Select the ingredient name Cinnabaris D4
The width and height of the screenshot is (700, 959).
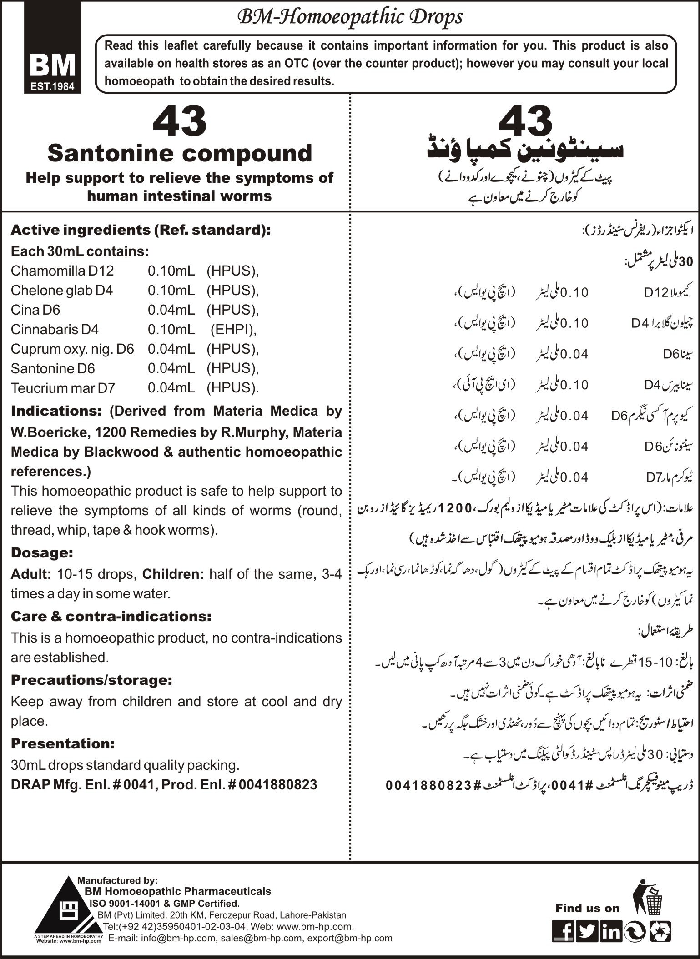(x=55, y=329)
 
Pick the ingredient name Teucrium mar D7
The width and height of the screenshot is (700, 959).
(x=63, y=388)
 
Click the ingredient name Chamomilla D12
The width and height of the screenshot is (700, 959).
(x=62, y=271)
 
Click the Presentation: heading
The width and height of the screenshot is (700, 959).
(x=63, y=743)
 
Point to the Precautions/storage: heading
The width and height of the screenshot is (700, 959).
(x=91, y=680)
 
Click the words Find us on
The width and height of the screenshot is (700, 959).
(x=587, y=908)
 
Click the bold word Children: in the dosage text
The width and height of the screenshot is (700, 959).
(x=173, y=574)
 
